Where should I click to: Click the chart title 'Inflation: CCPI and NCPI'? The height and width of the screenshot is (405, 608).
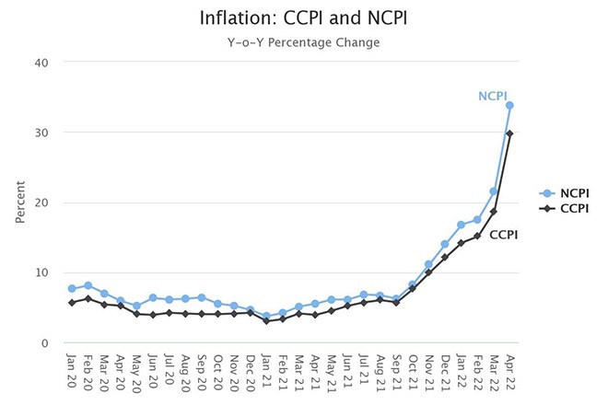click(x=303, y=18)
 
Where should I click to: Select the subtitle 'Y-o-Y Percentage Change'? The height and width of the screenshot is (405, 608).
click(x=303, y=42)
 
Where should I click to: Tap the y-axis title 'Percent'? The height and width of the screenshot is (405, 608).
click(x=19, y=202)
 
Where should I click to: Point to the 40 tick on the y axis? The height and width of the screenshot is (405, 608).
click(x=41, y=63)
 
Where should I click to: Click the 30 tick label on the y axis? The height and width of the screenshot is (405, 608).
click(x=41, y=133)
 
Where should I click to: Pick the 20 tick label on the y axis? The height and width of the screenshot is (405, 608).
click(x=41, y=202)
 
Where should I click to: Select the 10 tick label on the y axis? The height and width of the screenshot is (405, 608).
click(x=41, y=272)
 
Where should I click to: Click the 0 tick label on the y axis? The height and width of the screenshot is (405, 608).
click(x=45, y=342)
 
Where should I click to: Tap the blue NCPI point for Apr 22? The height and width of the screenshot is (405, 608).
click(x=509, y=105)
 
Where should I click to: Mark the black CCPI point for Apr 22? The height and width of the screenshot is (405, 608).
click(x=509, y=133)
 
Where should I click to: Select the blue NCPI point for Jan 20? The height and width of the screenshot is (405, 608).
click(x=72, y=288)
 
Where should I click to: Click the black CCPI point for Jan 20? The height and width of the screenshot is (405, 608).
click(x=72, y=302)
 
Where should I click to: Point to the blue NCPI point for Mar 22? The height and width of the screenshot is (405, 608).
click(x=493, y=191)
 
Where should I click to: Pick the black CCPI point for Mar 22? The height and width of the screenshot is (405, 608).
click(x=493, y=212)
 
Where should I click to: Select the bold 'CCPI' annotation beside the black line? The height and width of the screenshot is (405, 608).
click(x=503, y=235)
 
